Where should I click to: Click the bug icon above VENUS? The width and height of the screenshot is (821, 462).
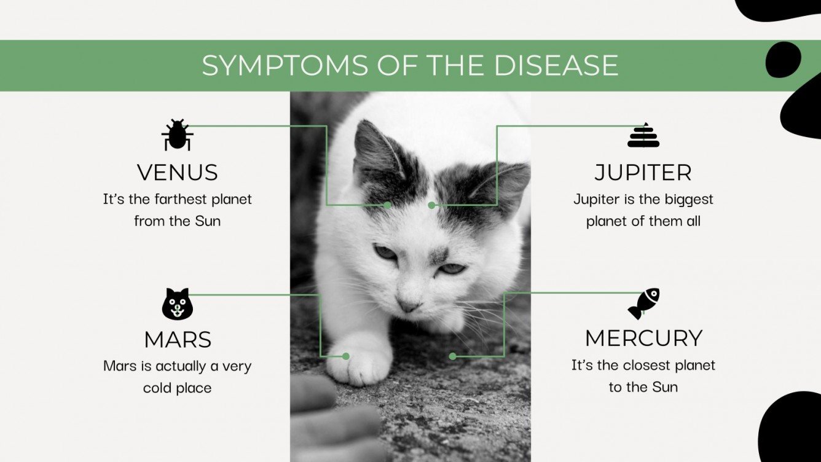tap(178, 135)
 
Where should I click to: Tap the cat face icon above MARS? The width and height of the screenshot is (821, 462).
tap(178, 304)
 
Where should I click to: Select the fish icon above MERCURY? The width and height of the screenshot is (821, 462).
tap(643, 303)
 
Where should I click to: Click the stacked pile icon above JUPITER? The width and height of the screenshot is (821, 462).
tap(643, 136)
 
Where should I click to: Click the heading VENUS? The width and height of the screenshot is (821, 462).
tap(178, 173)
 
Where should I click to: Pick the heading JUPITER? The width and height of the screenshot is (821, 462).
tap(643, 173)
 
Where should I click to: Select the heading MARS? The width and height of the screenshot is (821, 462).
tap(178, 340)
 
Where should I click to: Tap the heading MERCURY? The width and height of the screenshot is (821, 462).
tap(643, 339)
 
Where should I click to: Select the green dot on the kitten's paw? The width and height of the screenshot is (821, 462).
tap(346, 356)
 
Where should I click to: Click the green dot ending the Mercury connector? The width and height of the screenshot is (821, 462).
tap(453, 356)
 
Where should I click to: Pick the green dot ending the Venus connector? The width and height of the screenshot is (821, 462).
tap(387, 205)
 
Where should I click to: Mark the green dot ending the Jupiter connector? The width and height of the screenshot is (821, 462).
tap(432, 205)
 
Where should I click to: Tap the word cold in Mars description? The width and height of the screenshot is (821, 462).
tap(157, 388)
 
